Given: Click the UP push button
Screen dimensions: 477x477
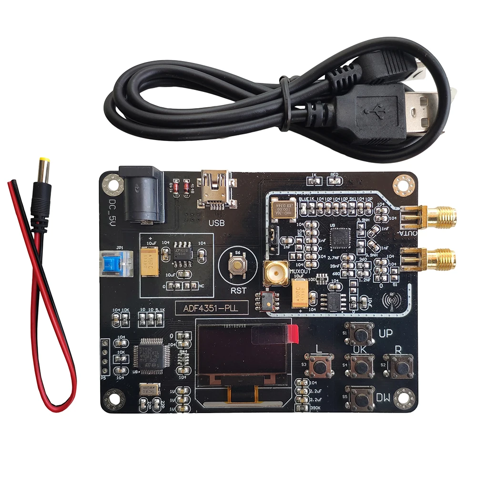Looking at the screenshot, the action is pyautogui.click(x=361, y=334).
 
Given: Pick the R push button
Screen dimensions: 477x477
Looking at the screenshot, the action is pyautogui.click(x=401, y=366).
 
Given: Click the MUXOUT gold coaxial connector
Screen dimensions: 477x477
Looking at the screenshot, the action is pyautogui.click(x=275, y=274).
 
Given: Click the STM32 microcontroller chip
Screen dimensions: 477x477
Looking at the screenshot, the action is pyautogui.click(x=150, y=354).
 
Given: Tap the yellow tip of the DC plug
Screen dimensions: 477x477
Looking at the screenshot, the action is pyautogui.click(x=44, y=163).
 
